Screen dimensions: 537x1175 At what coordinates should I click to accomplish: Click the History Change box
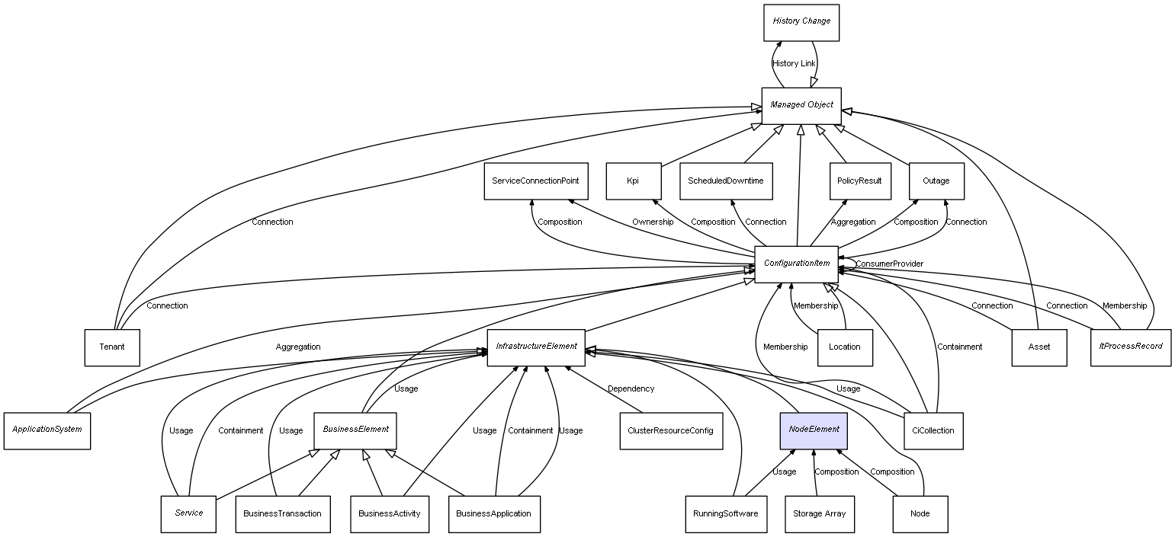(x=801, y=22)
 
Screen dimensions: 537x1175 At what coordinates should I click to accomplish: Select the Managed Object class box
(x=801, y=105)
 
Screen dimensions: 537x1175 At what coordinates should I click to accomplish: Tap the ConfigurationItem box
(x=796, y=264)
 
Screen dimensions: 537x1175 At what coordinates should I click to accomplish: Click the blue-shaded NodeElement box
(x=814, y=430)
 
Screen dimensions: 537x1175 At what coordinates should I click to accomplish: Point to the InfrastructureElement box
(x=536, y=347)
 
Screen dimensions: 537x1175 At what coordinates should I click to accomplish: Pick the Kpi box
(x=633, y=181)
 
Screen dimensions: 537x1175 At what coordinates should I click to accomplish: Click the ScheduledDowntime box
(x=725, y=181)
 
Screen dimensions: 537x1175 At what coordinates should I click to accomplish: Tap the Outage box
(x=936, y=181)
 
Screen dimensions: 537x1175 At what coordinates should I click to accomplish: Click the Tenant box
(x=111, y=347)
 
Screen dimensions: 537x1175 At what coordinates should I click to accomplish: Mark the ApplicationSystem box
(x=47, y=430)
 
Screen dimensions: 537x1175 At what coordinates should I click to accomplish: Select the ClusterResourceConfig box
(x=670, y=430)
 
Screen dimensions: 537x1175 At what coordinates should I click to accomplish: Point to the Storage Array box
(x=818, y=514)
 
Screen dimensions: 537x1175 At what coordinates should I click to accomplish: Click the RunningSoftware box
(x=724, y=514)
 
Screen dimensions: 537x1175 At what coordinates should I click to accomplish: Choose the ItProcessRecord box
(x=1130, y=347)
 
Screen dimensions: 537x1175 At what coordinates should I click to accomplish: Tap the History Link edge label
(x=793, y=64)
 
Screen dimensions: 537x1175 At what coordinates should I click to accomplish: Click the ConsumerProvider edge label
(x=889, y=264)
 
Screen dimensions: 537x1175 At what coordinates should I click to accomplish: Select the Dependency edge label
(x=631, y=389)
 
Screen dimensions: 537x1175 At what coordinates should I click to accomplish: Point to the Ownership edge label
(x=652, y=222)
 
